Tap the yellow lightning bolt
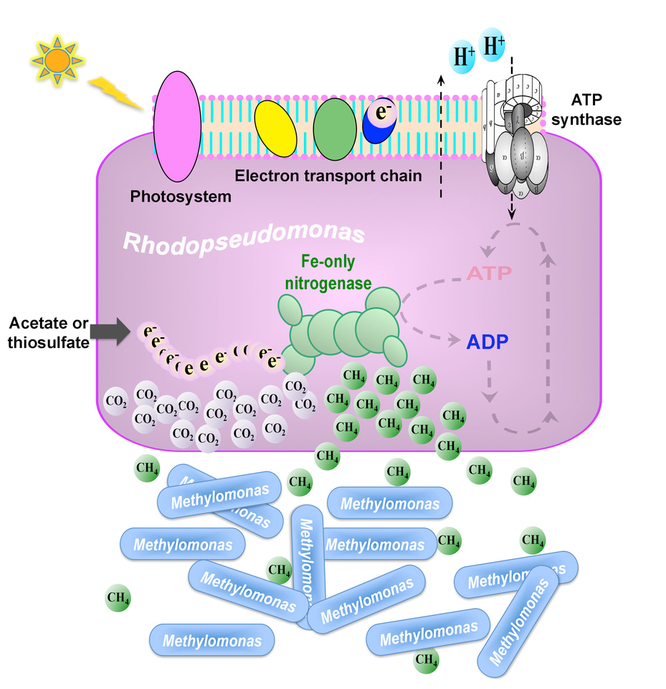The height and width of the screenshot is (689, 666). [118, 94]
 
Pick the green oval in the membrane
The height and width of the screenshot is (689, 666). [335, 125]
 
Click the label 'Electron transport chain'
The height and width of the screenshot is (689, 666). [328, 174]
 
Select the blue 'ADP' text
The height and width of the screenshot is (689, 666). [491, 342]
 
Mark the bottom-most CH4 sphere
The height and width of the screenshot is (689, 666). [427, 658]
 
